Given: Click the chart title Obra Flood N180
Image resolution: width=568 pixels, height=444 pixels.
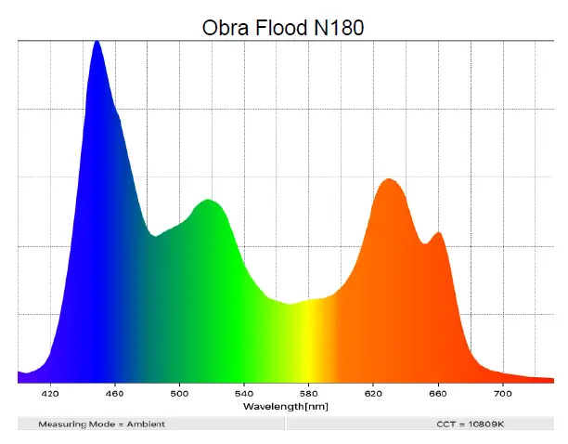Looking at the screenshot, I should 283,28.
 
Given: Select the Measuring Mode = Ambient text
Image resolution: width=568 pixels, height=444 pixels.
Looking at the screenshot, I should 101,424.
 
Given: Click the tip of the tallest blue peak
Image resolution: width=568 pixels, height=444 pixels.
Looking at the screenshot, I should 97,42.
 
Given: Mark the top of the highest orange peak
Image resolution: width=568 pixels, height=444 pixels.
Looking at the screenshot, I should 389,179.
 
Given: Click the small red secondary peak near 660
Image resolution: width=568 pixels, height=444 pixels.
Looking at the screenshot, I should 438,233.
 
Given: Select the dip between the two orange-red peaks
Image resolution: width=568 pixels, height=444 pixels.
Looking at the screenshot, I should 426,243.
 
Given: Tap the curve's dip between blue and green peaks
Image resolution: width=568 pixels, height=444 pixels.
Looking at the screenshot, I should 154,236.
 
